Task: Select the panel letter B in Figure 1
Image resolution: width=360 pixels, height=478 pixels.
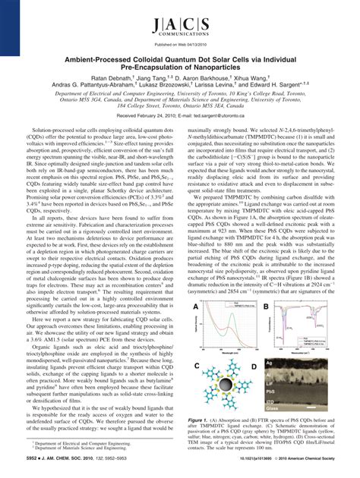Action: pyautogui.click(x=265, y=306)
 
